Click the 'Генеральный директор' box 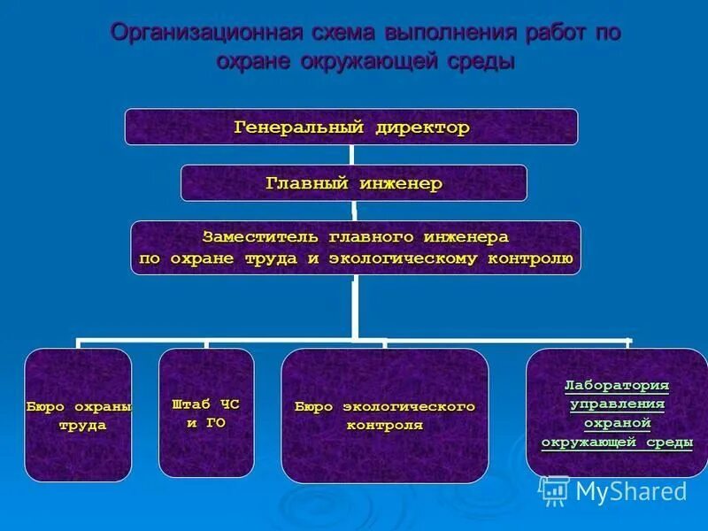(x=350, y=127)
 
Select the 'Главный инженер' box (x=353, y=183)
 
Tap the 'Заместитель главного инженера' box (x=356, y=248)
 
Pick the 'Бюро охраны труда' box (x=78, y=415)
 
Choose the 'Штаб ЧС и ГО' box (x=205, y=413)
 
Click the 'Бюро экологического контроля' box (x=384, y=415)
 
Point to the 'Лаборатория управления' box (x=616, y=413)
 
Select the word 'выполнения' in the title (x=450, y=34)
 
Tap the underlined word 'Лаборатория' (x=617, y=386)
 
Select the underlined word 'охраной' (x=617, y=423)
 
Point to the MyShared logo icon (x=554, y=490)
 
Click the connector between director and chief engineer (x=352, y=155)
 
